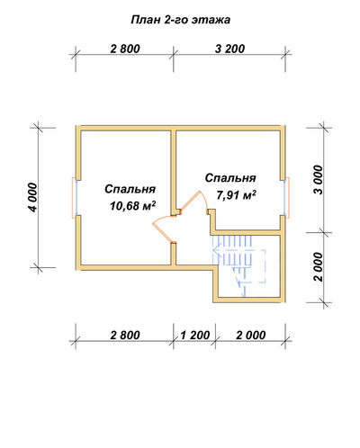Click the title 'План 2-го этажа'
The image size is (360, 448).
tap(181, 20)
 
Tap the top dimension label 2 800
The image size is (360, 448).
tap(125, 49)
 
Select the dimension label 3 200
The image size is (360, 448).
tap(229, 49)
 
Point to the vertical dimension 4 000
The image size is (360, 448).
tap(33, 198)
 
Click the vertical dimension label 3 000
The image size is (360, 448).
tap(319, 180)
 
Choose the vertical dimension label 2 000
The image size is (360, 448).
tap(319, 267)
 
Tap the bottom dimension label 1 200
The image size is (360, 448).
tap(195, 336)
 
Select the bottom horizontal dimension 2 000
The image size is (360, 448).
tap(251, 336)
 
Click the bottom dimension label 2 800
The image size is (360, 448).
tap(125, 336)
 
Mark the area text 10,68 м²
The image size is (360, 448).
tap(132, 206)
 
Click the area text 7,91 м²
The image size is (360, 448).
tap(236, 195)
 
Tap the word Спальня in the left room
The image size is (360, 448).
tap(130, 189)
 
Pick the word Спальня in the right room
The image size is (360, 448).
tap(230, 178)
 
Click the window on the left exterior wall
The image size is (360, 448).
tap(75, 198)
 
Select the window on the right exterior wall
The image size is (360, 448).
tap(286, 198)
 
